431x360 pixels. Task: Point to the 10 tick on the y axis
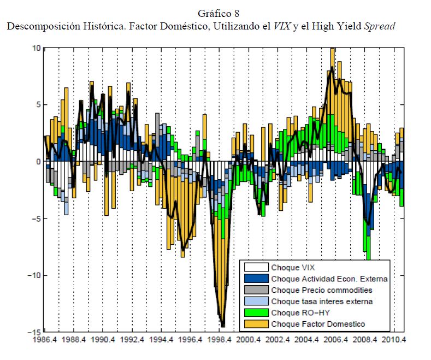(x=36, y=48)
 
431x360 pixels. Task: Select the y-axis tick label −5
(x=34, y=219)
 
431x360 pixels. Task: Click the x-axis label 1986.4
(x=44, y=340)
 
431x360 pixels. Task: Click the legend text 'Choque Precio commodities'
(x=322, y=290)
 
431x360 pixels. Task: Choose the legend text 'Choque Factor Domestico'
(x=318, y=324)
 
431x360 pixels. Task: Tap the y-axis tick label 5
(x=38, y=105)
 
